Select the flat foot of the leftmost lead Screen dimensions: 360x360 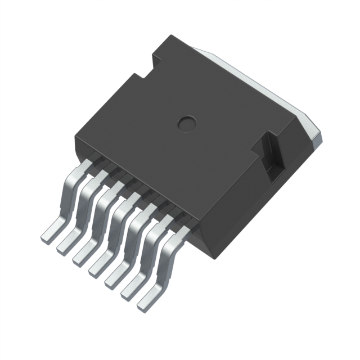click(51, 231)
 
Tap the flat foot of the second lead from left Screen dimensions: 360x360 click(67, 241)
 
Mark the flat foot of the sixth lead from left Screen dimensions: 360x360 click(131, 283)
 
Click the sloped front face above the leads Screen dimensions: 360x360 click(141, 180)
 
